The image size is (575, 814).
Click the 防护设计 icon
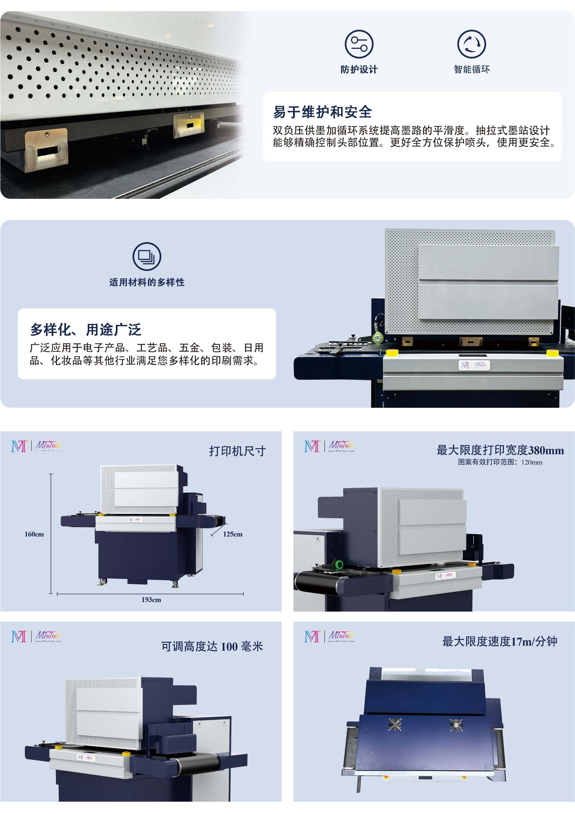tap(359, 44)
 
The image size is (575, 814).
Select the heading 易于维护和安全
tap(322, 112)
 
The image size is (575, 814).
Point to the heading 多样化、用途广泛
tap(86, 330)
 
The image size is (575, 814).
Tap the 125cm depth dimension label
tap(233, 534)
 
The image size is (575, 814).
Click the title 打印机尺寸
tap(237, 451)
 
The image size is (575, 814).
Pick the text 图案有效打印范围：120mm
tap(500, 462)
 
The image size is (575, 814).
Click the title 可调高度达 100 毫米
tap(212, 646)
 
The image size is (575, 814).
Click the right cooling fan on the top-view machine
tap(456, 725)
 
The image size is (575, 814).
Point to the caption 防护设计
tap(359, 69)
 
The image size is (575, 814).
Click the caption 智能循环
tap(472, 69)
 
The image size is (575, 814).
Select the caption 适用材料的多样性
tap(147, 282)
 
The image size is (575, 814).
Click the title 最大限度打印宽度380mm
tap(500, 450)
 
